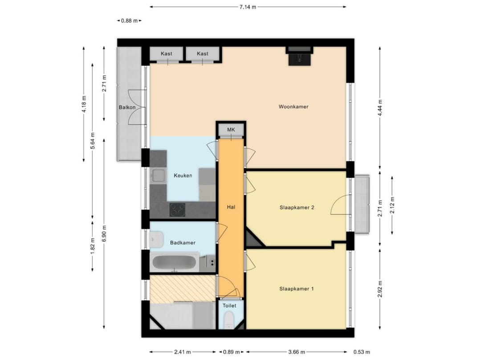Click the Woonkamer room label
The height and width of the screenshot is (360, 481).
293,106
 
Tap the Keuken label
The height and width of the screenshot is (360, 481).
183,176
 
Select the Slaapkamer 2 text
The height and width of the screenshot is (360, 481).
297,207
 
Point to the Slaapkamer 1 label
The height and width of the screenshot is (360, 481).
297,289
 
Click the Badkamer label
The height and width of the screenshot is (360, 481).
183,243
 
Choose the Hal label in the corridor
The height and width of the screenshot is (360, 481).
231,207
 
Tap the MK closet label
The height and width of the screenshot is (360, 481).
231,130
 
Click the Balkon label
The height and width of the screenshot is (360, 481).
127,107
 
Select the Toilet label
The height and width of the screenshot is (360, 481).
229,306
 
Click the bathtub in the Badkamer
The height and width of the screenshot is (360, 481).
175,262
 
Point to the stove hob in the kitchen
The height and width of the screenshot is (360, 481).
178,209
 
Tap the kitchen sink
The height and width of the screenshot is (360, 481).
158,176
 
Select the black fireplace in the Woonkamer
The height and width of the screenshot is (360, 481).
299,57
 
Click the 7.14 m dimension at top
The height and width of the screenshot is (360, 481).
248,7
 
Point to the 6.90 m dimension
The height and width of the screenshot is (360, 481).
104,234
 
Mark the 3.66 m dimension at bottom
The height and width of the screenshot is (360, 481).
296,352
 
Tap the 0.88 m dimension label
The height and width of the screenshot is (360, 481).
130,20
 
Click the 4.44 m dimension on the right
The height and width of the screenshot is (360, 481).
380,107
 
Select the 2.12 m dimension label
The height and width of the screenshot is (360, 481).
392,205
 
